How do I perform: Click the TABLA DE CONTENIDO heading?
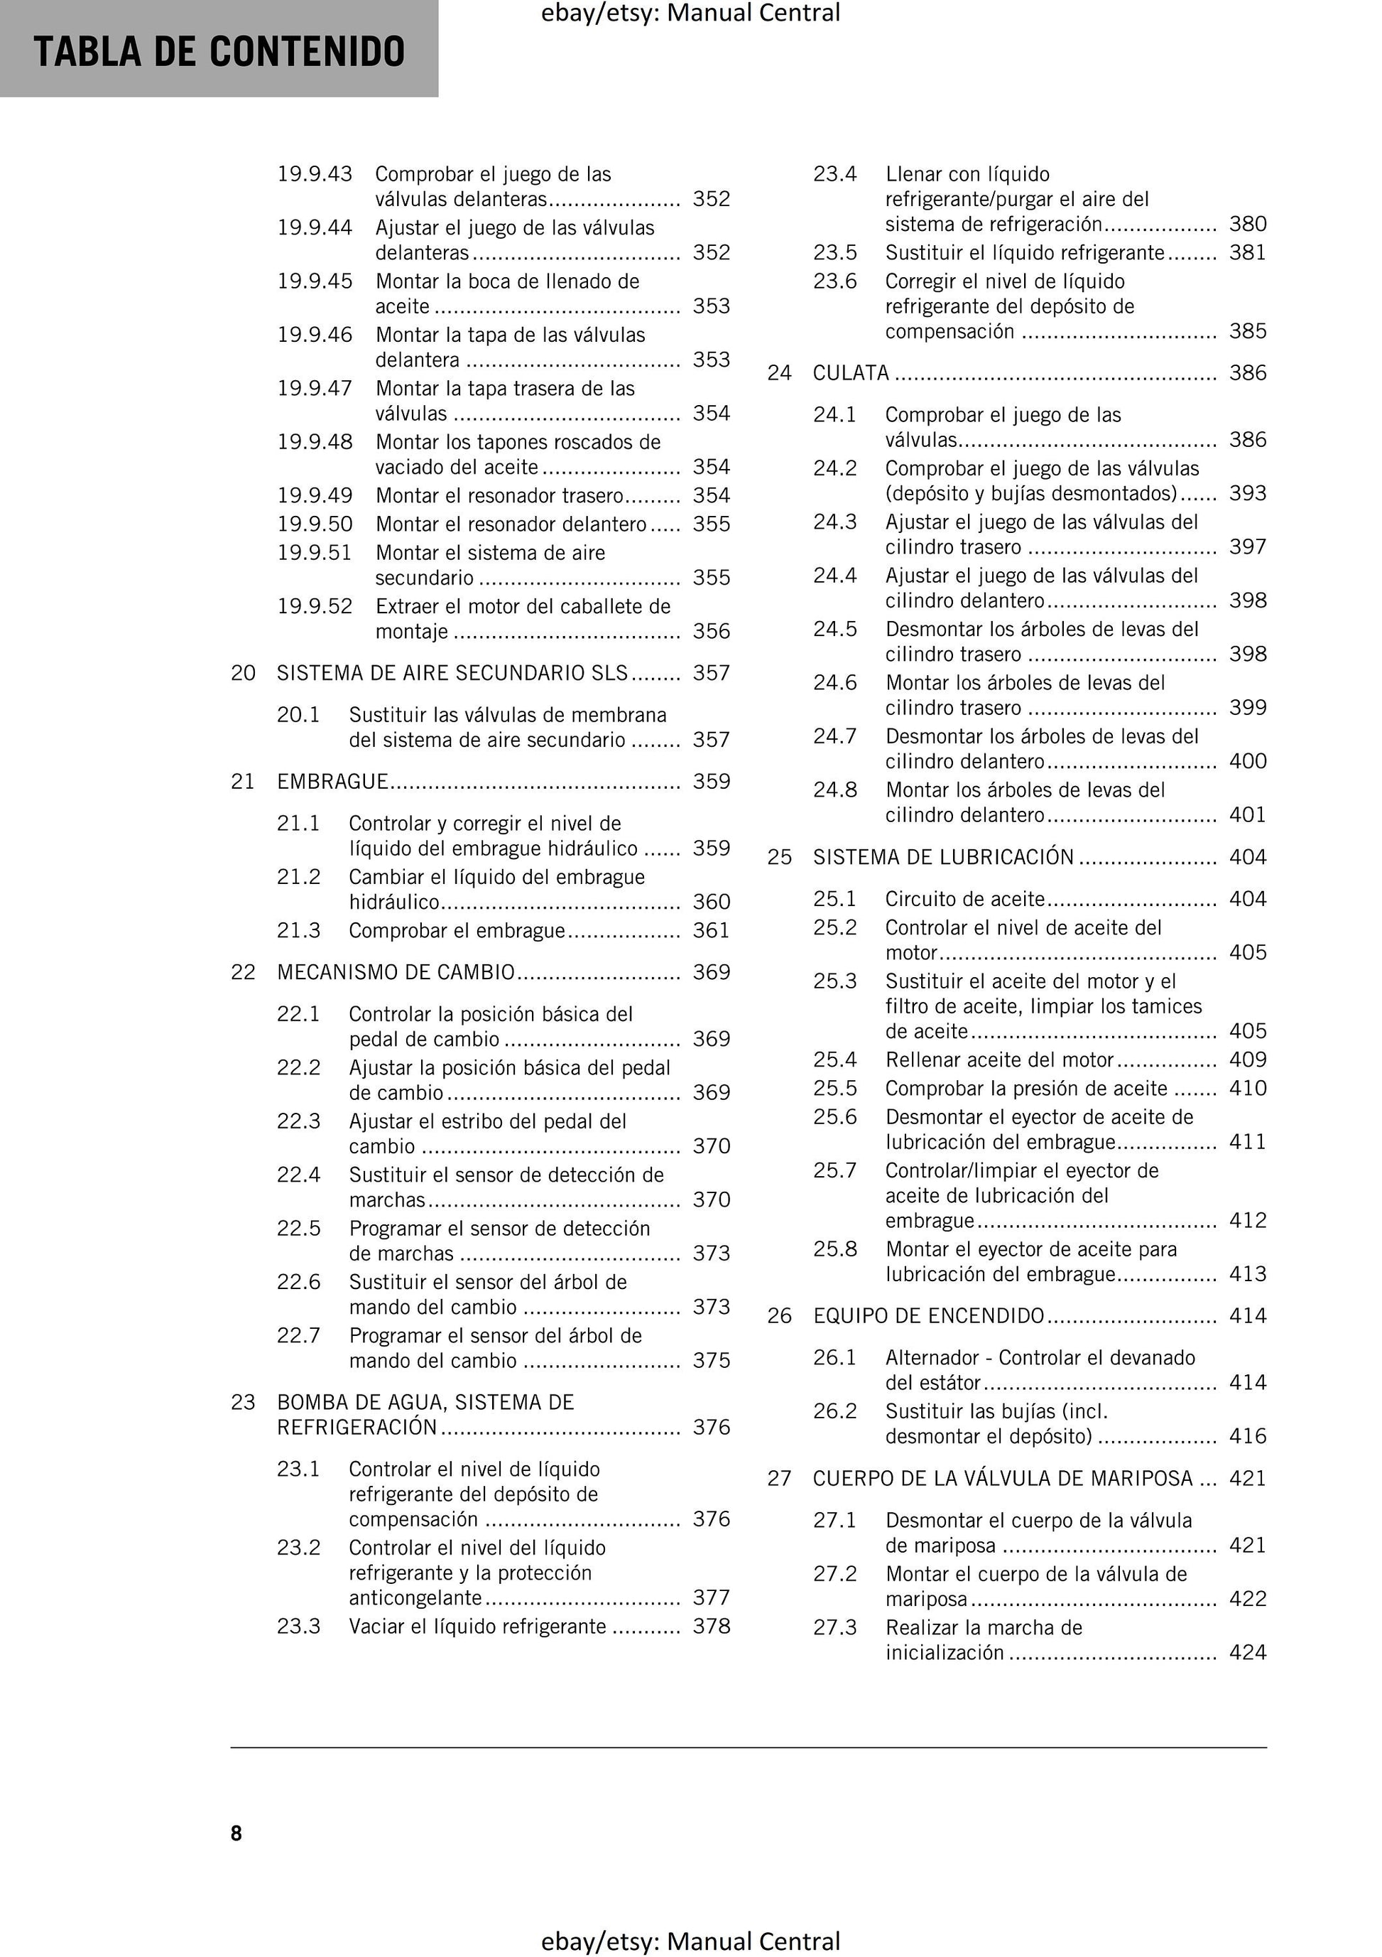point(219,52)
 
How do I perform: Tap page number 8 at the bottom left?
point(236,1833)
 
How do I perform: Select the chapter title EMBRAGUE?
point(332,782)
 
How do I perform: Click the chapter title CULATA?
point(850,372)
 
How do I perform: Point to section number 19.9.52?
point(315,606)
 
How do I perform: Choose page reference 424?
point(1247,1652)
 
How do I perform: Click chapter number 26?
point(780,1315)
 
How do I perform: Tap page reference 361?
point(712,930)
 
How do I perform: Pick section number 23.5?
point(835,252)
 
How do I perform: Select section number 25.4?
point(835,1060)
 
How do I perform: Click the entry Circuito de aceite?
point(964,898)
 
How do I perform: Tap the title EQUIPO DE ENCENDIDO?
point(929,1315)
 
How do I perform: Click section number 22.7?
point(298,1336)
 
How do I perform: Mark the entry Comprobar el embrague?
point(457,930)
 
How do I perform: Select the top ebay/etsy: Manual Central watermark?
point(690,13)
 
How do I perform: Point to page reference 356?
point(712,631)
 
